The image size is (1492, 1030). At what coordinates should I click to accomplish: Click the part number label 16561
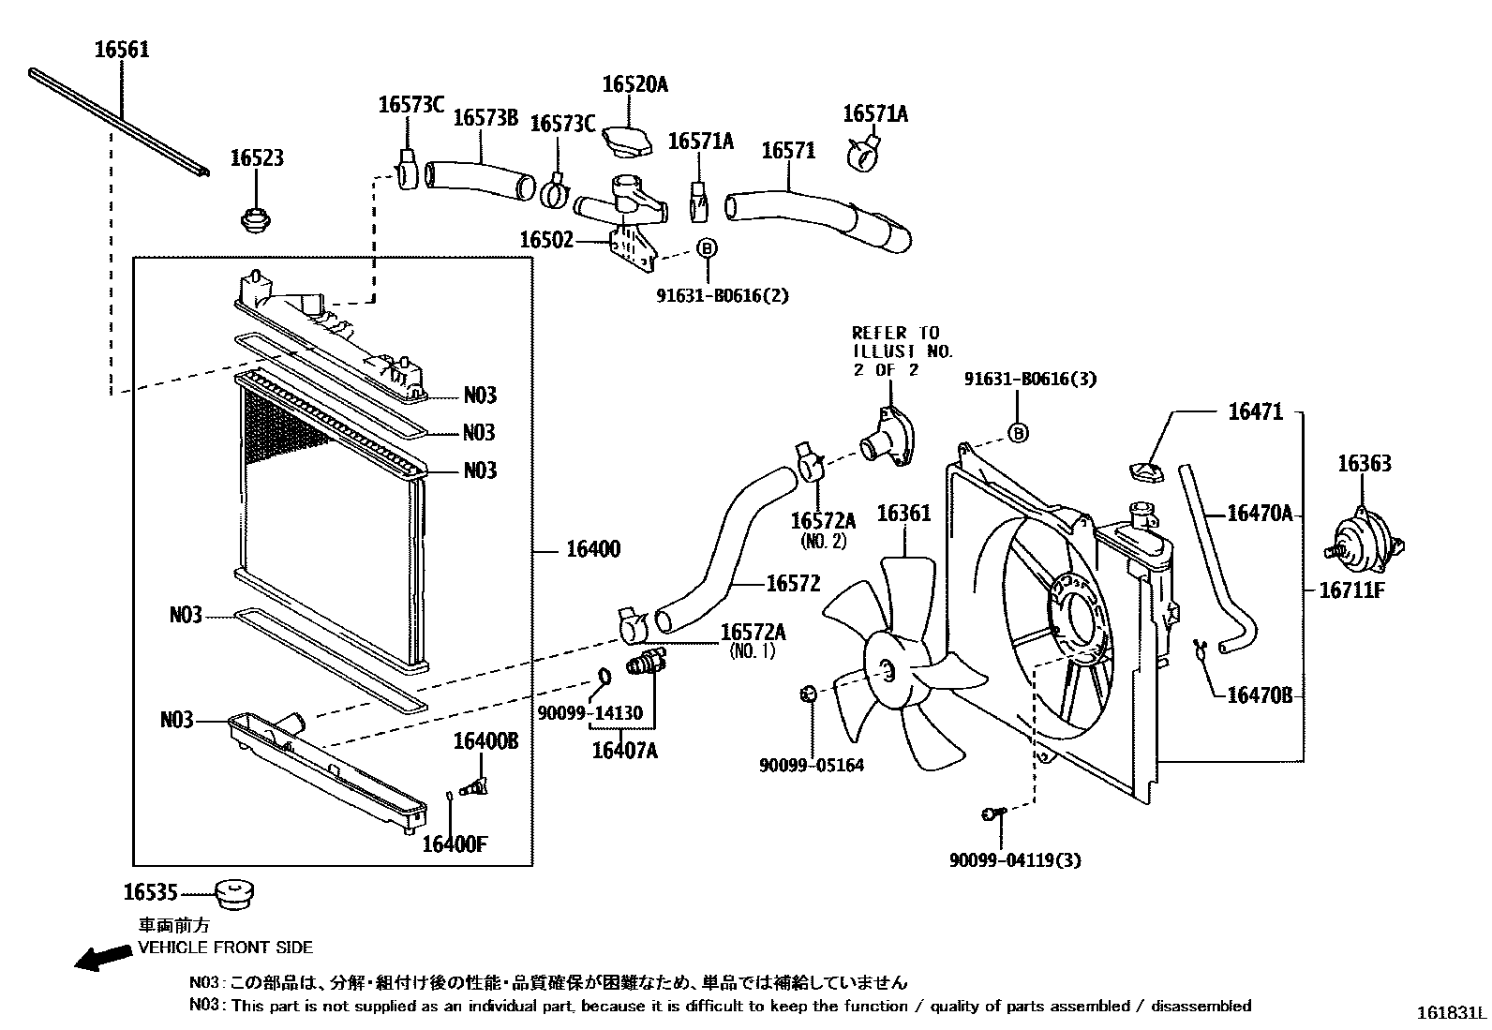(x=121, y=49)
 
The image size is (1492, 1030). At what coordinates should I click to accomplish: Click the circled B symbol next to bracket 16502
(x=708, y=247)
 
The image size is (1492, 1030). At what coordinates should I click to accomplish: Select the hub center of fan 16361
(x=887, y=668)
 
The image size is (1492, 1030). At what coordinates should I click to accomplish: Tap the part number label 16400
(x=592, y=549)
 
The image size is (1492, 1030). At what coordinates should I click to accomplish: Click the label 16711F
(x=1351, y=590)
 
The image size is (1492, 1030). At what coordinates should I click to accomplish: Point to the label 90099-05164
(x=812, y=765)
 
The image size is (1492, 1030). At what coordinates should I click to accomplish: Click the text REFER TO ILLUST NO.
(x=901, y=342)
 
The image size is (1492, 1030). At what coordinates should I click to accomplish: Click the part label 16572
(x=793, y=584)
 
